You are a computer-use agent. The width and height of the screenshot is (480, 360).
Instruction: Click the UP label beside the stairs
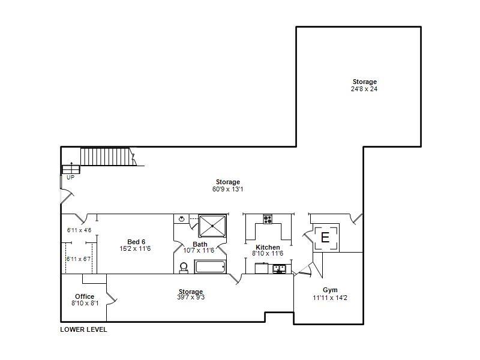[x=70, y=177]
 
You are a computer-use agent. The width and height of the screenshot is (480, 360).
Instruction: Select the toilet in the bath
[x=184, y=267]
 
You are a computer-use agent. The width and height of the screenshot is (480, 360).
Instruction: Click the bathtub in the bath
[x=211, y=266]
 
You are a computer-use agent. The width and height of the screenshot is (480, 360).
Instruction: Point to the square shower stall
[x=213, y=226]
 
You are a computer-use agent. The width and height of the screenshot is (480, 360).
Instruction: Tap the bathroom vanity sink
[x=181, y=219]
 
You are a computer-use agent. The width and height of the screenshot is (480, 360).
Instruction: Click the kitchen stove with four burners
[x=268, y=219]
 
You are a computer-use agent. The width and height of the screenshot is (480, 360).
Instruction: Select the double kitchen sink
[x=279, y=268]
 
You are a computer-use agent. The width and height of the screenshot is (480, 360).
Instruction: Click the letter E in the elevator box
[x=325, y=238]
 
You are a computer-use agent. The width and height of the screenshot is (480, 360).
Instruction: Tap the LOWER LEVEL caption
[x=83, y=329]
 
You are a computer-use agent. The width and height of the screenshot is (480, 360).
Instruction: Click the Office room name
[x=85, y=296]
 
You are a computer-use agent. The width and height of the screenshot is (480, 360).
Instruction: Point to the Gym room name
[x=330, y=290]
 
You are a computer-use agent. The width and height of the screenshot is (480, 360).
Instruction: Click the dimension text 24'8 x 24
[x=364, y=89]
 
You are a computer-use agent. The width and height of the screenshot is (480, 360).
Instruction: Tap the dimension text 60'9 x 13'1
[x=228, y=189]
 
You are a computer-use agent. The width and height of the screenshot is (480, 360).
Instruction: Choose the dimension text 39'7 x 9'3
[x=190, y=298]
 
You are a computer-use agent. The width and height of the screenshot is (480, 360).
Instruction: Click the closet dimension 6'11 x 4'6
[x=79, y=230]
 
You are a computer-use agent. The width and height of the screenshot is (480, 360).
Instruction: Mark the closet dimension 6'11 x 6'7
[x=79, y=259]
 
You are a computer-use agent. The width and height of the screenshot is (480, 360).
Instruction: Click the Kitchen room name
[x=268, y=247]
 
